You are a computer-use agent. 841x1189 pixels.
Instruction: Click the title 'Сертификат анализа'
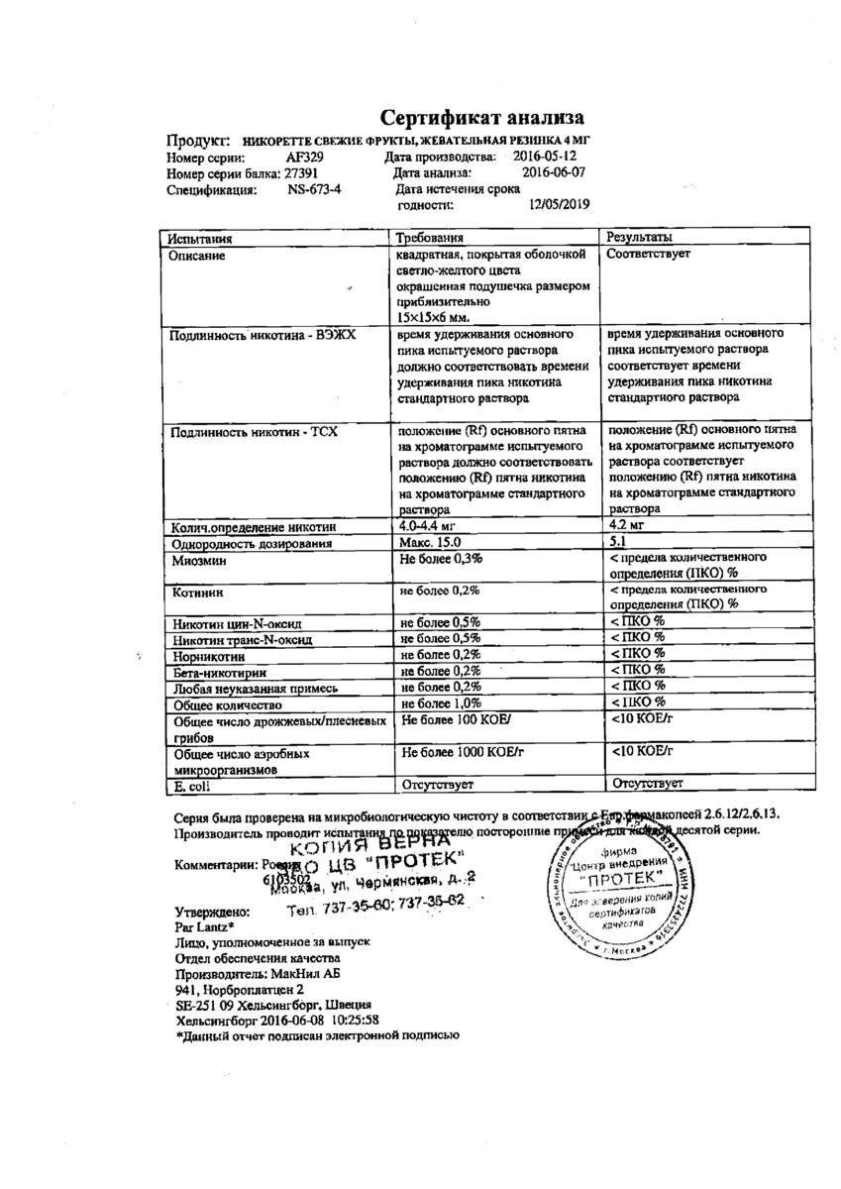point(476,117)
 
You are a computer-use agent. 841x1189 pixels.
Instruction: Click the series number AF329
point(303,158)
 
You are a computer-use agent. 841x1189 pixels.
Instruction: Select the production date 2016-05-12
point(551,158)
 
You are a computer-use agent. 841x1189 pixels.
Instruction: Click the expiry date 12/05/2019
point(560,205)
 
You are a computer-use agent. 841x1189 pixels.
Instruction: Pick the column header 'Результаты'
point(640,239)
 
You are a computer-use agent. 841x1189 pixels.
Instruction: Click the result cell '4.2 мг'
point(629,526)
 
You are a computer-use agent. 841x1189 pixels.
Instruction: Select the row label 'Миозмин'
point(197,561)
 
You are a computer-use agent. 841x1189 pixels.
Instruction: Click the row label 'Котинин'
point(196,592)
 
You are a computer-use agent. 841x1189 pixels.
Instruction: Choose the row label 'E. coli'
point(192,786)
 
